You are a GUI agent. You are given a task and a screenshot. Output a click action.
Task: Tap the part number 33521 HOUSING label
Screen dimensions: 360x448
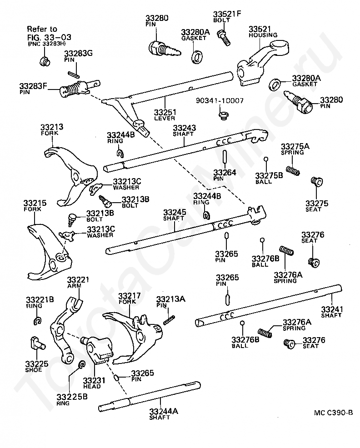click(263, 32)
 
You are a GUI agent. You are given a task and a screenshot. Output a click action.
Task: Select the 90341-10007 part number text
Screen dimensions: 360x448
click(220, 100)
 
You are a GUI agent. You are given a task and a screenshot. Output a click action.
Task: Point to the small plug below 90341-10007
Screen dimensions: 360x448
click(224, 116)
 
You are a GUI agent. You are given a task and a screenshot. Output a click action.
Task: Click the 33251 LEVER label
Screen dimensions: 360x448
click(165, 114)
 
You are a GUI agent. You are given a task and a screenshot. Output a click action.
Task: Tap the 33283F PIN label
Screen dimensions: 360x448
click(33, 89)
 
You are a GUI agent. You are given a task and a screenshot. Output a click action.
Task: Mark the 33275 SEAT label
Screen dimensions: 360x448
click(316, 206)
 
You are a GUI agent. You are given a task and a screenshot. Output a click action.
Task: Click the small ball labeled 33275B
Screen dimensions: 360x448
click(266, 159)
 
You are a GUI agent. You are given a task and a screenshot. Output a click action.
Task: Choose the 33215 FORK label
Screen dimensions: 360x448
click(35, 206)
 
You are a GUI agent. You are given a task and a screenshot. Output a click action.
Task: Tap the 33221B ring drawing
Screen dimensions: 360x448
click(37, 321)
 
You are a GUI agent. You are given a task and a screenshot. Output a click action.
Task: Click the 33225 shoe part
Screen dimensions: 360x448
click(36, 343)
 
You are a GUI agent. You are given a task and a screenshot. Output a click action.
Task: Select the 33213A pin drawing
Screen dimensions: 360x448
click(169, 320)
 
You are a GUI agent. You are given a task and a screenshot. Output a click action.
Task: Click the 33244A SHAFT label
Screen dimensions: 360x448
click(164, 414)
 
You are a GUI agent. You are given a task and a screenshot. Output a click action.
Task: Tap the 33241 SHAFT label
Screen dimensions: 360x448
click(332, 312)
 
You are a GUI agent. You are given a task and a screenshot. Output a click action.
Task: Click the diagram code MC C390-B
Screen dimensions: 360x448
click(333, 413)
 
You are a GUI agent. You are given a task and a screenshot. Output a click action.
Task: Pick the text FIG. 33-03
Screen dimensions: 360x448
click(49, 37)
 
